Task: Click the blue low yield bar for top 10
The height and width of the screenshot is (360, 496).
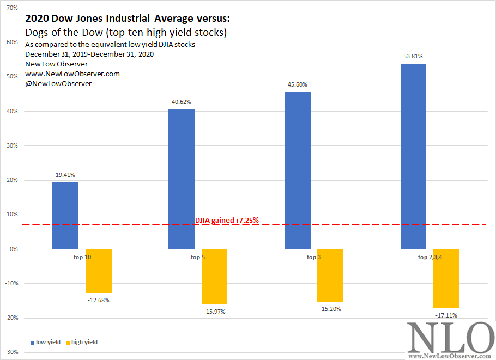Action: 65,216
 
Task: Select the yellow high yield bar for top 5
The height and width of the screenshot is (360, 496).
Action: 214,277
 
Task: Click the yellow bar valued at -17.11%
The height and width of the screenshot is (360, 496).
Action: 446,278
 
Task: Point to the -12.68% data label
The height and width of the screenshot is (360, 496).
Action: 98,300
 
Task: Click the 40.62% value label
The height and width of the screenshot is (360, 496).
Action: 181,102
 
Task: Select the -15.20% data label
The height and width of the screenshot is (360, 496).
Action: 330,309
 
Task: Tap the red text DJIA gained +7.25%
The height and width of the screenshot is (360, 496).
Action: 227,221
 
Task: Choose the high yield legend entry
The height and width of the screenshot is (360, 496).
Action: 84,342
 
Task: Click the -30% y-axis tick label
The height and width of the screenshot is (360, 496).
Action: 11,352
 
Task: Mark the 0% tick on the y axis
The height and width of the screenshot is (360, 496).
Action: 14,249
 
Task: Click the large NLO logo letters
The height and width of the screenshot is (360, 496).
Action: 451,338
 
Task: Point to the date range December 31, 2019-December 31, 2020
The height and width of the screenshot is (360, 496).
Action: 89,54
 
